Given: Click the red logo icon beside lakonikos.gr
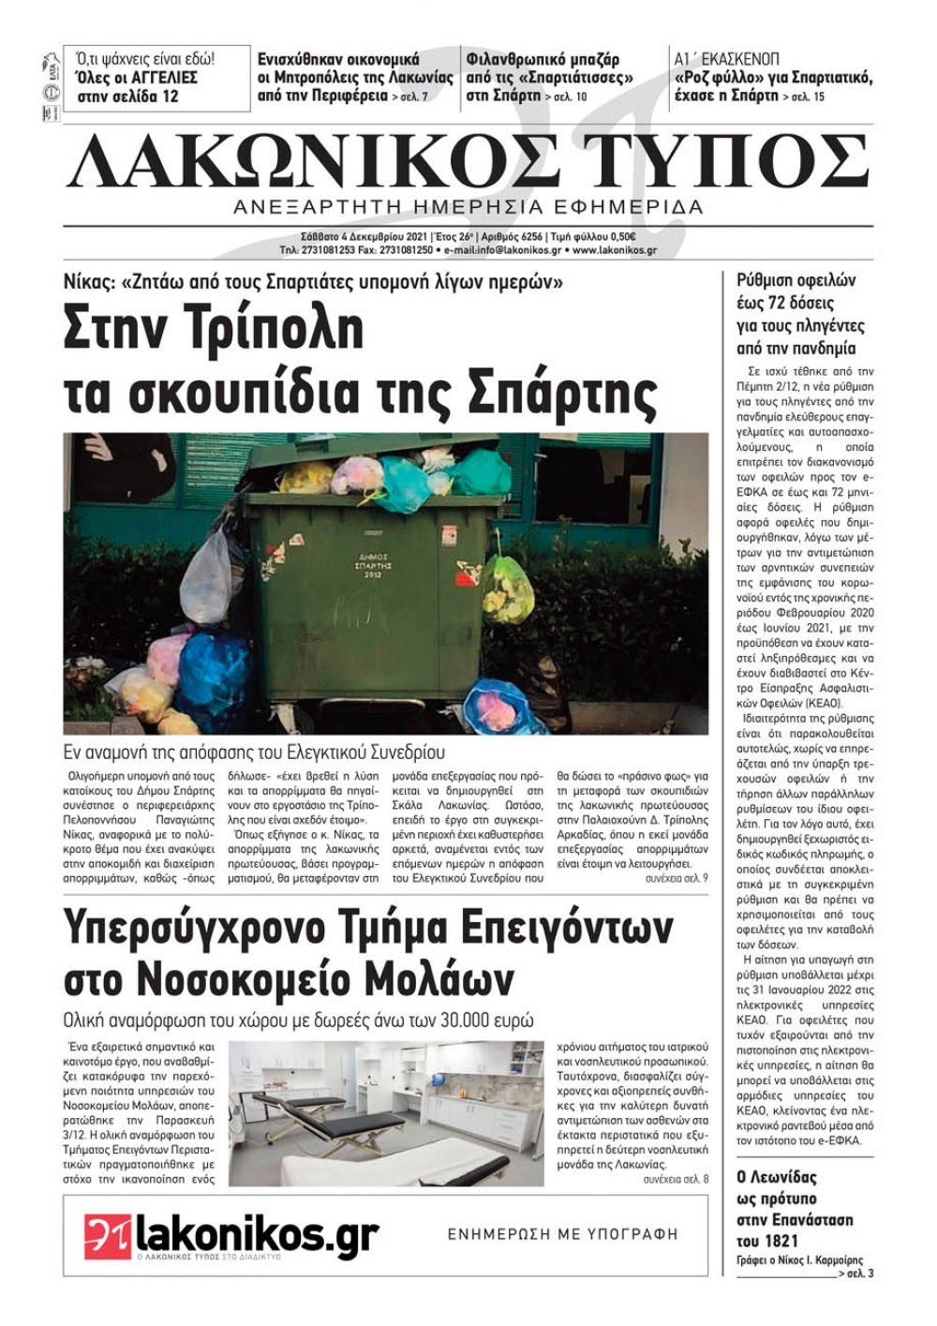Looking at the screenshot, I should click(105, 1236).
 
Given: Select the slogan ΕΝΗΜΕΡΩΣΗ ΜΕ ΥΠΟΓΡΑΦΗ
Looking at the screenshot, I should click(562, 1234).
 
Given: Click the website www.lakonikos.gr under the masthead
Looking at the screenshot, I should click(614, 251).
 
